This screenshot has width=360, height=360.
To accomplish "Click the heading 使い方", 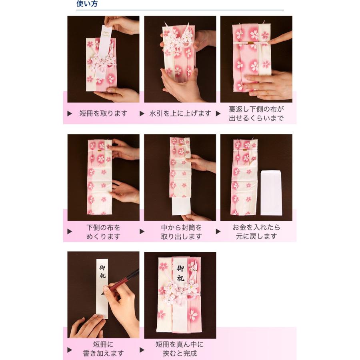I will [87, 4].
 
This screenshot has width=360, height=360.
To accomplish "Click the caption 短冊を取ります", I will [103, 114].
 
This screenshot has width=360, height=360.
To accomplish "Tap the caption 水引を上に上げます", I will [180, 114].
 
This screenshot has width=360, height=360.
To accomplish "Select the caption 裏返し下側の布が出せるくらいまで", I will [256, 114].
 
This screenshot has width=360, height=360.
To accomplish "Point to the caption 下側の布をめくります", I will [103, 232].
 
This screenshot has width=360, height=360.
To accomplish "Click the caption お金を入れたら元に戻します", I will [256, 232].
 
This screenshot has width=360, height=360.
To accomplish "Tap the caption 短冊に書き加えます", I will [103, 348].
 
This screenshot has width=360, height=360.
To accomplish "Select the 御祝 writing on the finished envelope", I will [181, 272].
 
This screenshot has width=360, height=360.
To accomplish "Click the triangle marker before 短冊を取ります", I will [70, 114].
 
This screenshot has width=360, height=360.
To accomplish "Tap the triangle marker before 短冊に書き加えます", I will [70, 349].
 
